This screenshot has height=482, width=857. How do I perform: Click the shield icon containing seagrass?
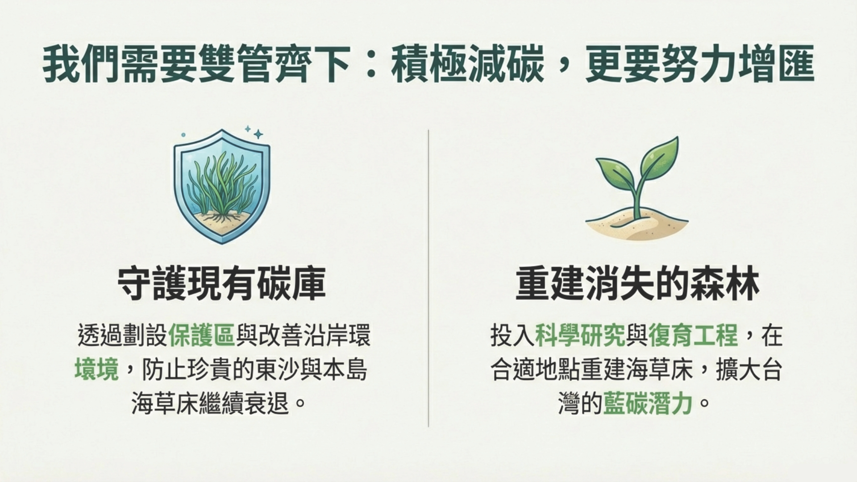click(222, 186)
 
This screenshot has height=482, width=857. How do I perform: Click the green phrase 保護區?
click(202, 336)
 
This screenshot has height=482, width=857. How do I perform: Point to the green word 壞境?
click(96, 370)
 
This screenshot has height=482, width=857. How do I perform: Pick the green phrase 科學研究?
click(580, 336)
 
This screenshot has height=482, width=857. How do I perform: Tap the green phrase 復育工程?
click(693, 336)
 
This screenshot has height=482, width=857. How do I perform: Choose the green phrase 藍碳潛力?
click(648, 403)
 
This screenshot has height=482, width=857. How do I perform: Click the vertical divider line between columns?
click(428, 278)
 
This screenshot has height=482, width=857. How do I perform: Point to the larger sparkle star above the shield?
click(258, 134)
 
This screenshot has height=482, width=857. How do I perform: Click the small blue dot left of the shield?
click(183, 134)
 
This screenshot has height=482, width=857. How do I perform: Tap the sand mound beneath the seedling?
click(637, 226)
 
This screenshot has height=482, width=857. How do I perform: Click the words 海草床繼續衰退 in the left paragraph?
click(210, 403)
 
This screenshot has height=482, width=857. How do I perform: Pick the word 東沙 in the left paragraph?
click(278, 370)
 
